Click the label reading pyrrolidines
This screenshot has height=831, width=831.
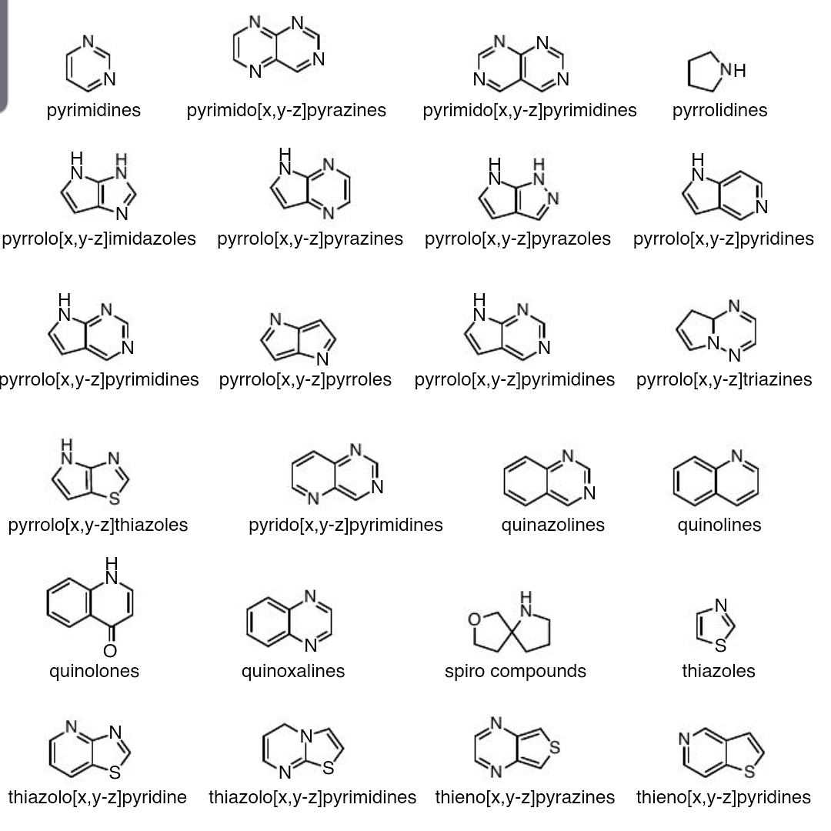(719, 110)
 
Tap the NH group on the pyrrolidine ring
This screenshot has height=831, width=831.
(734, 70)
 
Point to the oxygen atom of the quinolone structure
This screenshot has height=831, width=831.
(111, 651)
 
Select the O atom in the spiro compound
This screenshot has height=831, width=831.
(475, 619)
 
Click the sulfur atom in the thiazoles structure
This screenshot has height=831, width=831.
(720, 645)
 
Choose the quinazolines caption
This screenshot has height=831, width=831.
(552, 525)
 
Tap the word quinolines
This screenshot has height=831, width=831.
(719, 525)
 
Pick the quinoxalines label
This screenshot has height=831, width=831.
(293, 671)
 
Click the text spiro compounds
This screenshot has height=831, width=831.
(515, 671)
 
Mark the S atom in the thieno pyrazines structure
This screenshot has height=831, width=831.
(554, 746)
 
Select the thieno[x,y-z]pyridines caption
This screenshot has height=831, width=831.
(723, 797)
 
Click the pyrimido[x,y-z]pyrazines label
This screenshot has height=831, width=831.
(286, 110)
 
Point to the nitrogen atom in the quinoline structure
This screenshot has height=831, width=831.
(737, 456)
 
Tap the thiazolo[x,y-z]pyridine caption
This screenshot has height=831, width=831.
(98, 797)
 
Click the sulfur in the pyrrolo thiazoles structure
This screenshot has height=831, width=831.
(114, 498)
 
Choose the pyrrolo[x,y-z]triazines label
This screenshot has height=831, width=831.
(724, 379)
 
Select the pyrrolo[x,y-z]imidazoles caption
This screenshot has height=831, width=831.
(99, 239)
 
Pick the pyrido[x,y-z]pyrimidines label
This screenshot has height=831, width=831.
(345, 525)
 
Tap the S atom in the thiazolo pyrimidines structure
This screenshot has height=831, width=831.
(329, 767)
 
